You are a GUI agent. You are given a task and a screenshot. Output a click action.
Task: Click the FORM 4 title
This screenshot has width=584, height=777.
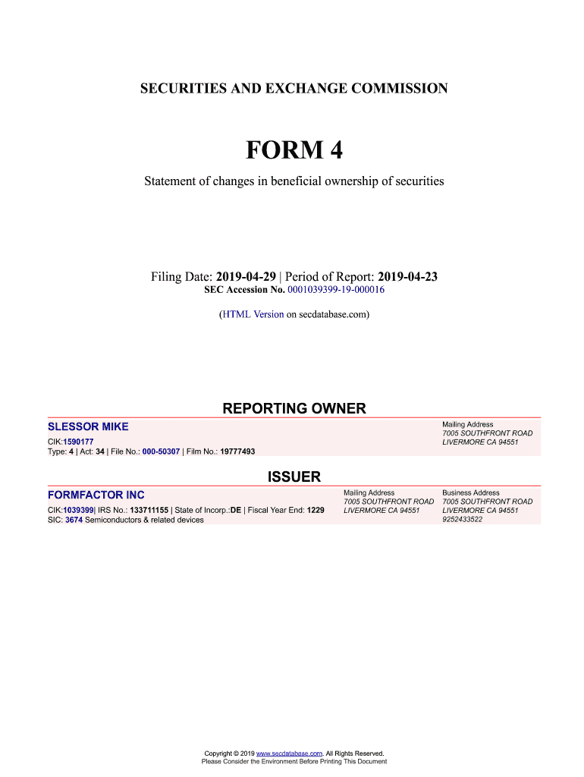click(294, 150)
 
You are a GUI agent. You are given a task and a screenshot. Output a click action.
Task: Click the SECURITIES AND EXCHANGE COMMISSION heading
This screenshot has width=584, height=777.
click(294, 89)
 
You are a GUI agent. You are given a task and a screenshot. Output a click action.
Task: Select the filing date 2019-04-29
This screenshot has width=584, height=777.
click(246, 277)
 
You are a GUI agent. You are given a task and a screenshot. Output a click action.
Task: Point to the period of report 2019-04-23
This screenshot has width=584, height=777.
click(407, 277)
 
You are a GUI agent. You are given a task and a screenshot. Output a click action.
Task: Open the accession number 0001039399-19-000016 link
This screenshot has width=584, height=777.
click(336, 291)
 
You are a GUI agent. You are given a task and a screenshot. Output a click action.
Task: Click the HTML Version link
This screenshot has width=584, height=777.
click(253, 313)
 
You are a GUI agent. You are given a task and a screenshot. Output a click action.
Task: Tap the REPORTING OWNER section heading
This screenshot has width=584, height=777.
click(294, 409)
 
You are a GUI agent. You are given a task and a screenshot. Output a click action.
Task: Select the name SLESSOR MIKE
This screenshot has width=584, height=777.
click(88, 426)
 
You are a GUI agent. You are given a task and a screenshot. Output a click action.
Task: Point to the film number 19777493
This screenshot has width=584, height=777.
click(237, 451)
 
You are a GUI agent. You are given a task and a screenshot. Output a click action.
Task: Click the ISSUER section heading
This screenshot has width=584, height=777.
click(294, 477)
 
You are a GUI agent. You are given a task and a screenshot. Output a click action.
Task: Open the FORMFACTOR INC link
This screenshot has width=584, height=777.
click(96, 495)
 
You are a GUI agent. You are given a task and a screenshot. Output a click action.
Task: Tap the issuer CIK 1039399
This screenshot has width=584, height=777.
click(77, 510)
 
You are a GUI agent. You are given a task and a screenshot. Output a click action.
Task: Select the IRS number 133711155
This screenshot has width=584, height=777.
click(149, 510)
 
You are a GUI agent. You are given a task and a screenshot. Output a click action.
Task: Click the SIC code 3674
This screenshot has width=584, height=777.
click(74, 520)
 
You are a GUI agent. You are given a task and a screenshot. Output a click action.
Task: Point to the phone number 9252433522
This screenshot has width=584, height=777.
click(462, 520)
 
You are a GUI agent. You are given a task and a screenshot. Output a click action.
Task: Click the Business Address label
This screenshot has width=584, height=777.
click(470, 492)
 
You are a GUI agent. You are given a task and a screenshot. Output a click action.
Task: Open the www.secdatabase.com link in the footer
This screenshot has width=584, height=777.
click(290, 753)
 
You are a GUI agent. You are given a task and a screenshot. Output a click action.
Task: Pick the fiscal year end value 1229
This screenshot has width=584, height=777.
click(315, 510)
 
